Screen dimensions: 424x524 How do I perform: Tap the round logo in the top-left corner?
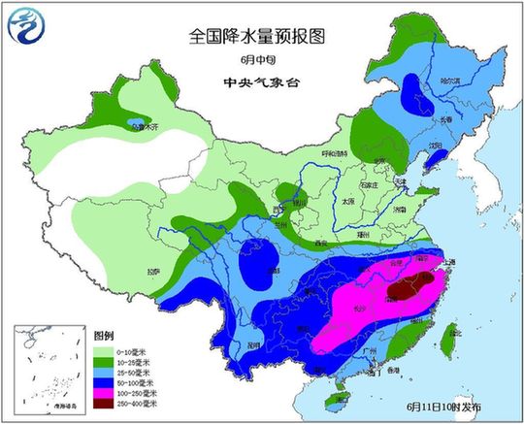pyautogui.click(x=26, y=27)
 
